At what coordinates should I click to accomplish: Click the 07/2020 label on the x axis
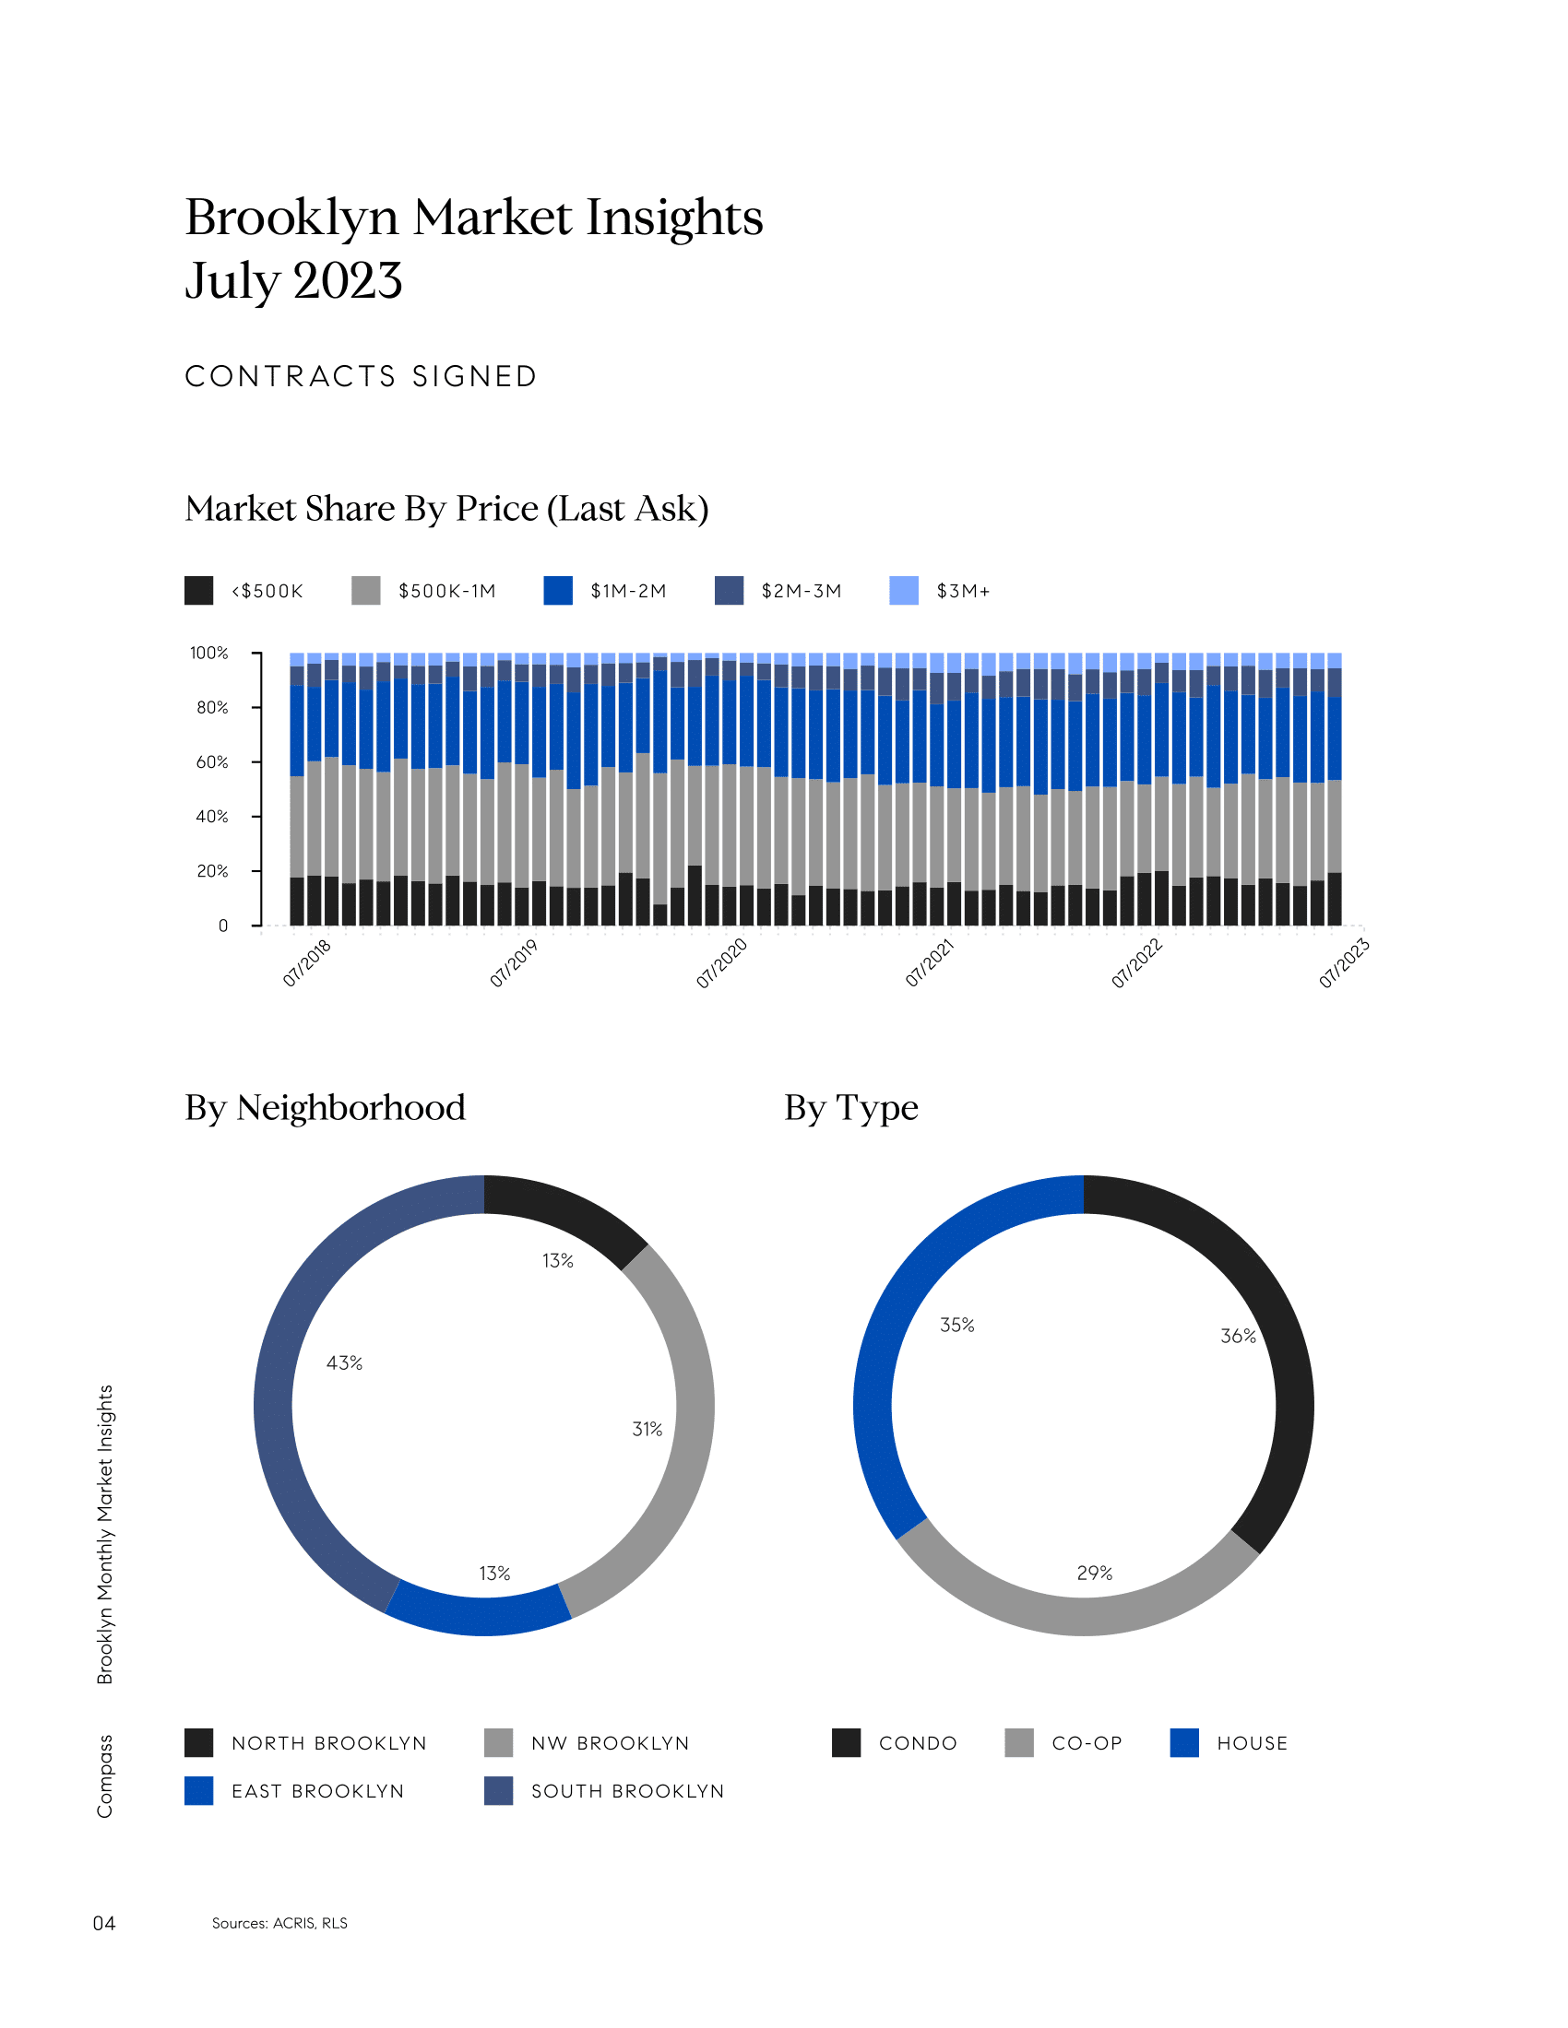722,963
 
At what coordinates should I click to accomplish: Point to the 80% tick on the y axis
212,708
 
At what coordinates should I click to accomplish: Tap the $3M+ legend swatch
903,591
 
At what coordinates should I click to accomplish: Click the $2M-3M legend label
801,592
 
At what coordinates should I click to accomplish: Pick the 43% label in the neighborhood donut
344,1363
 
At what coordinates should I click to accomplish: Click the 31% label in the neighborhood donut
647,1429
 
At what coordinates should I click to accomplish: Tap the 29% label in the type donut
1094,1573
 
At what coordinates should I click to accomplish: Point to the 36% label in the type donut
1237,1337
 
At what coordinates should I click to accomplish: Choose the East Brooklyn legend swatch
199,1790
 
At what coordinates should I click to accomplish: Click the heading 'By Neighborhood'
325,1108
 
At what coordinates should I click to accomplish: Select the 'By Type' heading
851,1108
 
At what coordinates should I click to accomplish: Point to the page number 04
104,1923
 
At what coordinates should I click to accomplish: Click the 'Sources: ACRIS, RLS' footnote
279,1923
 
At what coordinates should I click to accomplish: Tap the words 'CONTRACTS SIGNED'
362,377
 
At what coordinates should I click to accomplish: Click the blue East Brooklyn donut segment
479,1614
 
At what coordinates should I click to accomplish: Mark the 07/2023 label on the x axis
1344,963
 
